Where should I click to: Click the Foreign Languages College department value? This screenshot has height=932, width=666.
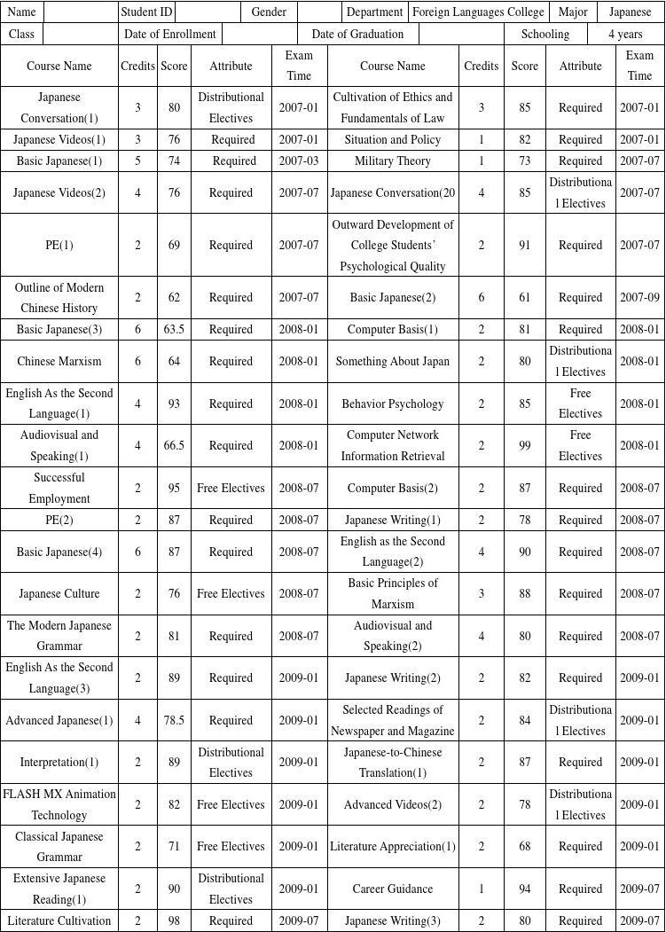[x=479, y=12]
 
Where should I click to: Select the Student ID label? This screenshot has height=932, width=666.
[x=146, y=12]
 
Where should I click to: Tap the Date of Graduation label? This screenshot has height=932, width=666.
[x=357, y=34]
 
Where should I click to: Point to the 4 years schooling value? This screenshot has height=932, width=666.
[x=625, y=34]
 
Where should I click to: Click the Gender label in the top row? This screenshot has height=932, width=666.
[x=269, y=12]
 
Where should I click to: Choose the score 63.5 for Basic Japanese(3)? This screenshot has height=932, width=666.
[x=174, y=330]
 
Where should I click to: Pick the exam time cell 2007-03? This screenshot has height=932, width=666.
[x=299, y=161]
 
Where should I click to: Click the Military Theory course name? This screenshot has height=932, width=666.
[x=393, y=161]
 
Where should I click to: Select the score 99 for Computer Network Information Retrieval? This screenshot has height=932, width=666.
[x=524, y=446]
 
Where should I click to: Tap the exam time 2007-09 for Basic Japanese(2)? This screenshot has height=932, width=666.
[x=639, y=298]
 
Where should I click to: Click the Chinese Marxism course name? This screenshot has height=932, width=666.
[x=59, y=362]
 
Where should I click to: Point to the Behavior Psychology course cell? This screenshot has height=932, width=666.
[x=393, y=404]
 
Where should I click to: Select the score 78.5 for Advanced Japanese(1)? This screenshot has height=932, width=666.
[x=174, y=721]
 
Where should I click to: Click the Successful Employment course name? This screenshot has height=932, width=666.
[x=59, y=489]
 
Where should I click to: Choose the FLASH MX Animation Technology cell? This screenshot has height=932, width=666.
[x=59, y=805]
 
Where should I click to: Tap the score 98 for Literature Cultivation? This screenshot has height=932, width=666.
[x=174, y=921]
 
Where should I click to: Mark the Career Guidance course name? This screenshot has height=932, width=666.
[x=393, y=889]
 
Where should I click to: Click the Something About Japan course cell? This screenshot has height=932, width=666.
[x=393, y=362]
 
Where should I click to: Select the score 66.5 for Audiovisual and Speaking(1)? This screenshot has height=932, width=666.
[x=174, y=446]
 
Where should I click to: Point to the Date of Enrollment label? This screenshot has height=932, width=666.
[x=170, y=34]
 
